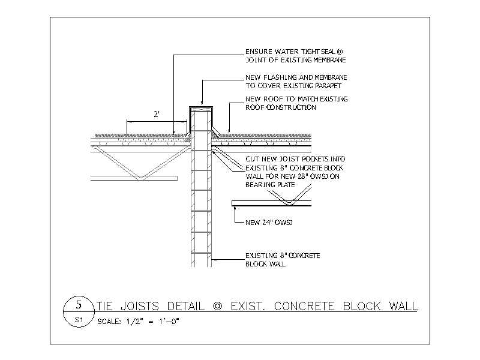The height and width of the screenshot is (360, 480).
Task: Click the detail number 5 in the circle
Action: (79, 305)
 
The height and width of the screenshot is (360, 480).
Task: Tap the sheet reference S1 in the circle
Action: (79, 320)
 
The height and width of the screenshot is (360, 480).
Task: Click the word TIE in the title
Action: (104, 306)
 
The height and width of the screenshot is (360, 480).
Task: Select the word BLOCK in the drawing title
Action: (362, 306)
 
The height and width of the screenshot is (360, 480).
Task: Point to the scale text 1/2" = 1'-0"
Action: (152, 322)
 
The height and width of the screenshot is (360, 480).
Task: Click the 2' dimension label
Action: (157, 115)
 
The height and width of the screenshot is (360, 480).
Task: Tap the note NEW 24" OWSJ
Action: (269, 223)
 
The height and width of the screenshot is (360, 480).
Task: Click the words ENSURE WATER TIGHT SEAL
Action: (290, 52)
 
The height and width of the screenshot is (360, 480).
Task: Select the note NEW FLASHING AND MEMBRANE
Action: (296, 77)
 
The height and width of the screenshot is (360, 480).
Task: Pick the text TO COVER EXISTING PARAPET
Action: (293, 86)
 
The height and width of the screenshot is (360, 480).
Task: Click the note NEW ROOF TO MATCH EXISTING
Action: (296, 99)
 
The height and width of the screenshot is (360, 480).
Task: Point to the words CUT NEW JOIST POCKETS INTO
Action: (295, 159)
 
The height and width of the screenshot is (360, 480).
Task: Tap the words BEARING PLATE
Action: (270, 185)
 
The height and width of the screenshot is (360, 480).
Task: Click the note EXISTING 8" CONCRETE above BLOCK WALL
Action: (283, 256)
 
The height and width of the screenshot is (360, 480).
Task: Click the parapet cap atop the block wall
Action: (201, 109)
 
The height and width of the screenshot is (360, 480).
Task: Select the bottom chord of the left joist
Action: (134, 178)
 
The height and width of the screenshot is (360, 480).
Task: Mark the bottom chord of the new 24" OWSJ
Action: (272, 203)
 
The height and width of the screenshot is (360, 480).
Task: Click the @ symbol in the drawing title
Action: (217, 306)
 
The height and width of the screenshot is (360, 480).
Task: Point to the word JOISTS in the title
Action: (140, 306)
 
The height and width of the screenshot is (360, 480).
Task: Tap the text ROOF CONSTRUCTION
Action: (281, 107)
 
